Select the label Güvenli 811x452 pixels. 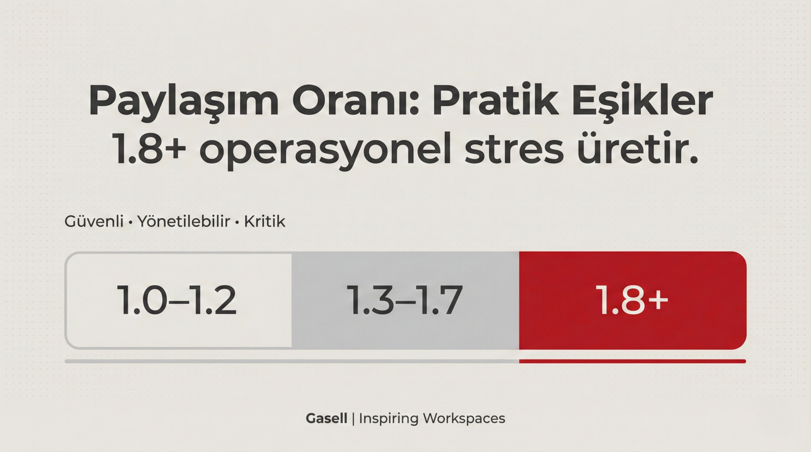coord(94,222)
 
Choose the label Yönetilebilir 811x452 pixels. coord(184,222)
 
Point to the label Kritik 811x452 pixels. coord(264,222)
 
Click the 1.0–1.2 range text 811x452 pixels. coord(177,300)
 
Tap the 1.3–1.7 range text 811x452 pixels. coord(405,300)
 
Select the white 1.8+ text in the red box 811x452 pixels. coord(632,300)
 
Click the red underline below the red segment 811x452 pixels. coord(632,361)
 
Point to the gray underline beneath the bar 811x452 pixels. coord(292,361)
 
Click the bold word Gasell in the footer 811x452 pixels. coord(326,418)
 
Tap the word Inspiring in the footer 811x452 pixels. coord(388,418)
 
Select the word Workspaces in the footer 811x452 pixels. coord(464,418)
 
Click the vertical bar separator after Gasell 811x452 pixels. coord(353,418)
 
